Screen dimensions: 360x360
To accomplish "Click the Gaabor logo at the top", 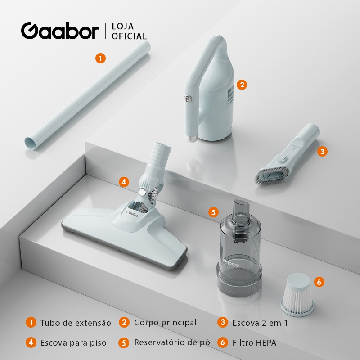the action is coord(60,31).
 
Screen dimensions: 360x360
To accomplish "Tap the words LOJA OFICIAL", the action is coord(129,31).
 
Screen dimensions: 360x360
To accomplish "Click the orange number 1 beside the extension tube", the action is coord(100,58).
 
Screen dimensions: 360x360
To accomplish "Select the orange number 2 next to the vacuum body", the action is coord(242,85).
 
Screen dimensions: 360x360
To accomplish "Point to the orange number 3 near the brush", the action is coord(322,151).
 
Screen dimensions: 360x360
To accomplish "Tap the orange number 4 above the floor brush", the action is coord(124,182).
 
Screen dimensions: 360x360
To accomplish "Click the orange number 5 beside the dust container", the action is coord(213,212).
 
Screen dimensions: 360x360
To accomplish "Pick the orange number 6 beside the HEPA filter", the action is coord(319,282).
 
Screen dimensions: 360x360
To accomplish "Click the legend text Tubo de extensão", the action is coord(76,323).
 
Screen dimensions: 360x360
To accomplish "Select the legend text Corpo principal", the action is coord(165,323).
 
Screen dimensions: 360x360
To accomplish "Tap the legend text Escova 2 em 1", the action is coord(260,323).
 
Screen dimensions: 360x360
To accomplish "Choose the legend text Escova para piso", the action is coord(73,343).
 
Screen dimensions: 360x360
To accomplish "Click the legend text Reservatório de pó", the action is coord(172,342).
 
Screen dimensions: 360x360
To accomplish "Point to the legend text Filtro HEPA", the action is coord(254,343).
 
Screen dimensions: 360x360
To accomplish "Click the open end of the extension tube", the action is coord(31,144).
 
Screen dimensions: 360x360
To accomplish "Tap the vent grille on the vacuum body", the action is coord(230,96).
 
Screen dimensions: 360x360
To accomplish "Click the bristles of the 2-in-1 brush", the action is coord(273,176).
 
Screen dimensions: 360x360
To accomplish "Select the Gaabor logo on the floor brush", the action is coord(132,214).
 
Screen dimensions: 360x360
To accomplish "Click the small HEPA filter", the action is coord(297,295).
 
